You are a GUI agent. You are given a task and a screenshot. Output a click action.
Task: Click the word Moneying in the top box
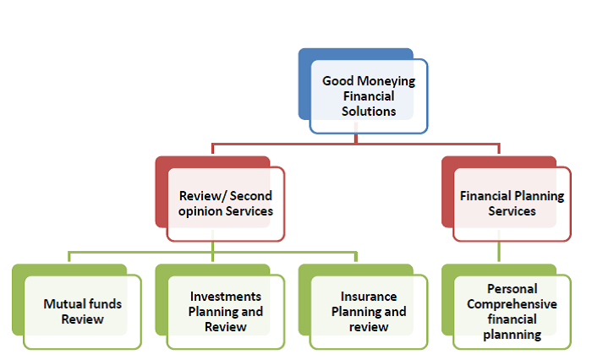pyautogui.click(x=386, y=81)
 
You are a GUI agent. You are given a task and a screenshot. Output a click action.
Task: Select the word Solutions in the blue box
pyautogui.click(x=369, y=112)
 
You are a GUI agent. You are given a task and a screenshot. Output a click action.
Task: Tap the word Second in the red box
pyautogui.click(x=250, y=196)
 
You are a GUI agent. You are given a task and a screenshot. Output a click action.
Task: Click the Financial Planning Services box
pyautogui.click(x=507, y=199)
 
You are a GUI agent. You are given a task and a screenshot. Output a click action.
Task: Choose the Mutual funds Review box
pyautogui.click(x=77, y=307)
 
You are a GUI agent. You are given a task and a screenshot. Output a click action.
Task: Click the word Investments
pyautogui.click(x=226, y=297)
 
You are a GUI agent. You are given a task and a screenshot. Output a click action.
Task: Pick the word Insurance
pyautogui.click(x=369, y=297)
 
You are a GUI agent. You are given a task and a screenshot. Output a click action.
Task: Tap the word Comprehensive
pyautogui.click(x=512, y=304)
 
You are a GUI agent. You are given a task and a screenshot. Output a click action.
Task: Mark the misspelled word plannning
pyautogui.click(x=512, y=335)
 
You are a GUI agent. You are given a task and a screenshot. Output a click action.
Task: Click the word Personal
pyautogui.click(x=512, y=289)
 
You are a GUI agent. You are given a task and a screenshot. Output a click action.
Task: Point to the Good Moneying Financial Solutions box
pyautogui.click(x=363, y=91)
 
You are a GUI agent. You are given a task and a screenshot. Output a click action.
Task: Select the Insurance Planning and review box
pyautogui.click(x=363, y=307)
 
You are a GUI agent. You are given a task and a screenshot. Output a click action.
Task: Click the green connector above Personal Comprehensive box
pyautogui.click(x=499, y=252)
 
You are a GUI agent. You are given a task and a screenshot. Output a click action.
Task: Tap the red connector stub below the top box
pyautogui.click(x=356, y=139)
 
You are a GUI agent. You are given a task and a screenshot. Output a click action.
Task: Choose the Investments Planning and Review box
pyautogui.click(x=220, y=307)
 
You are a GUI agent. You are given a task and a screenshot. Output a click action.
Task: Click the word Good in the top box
pyautogui.click(x=338, y=81)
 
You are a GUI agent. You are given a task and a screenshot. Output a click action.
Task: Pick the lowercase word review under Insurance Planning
pyautogui.click(x=369, y=327)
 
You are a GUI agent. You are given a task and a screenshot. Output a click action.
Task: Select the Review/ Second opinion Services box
pyautogui.click(x=220, y=199)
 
